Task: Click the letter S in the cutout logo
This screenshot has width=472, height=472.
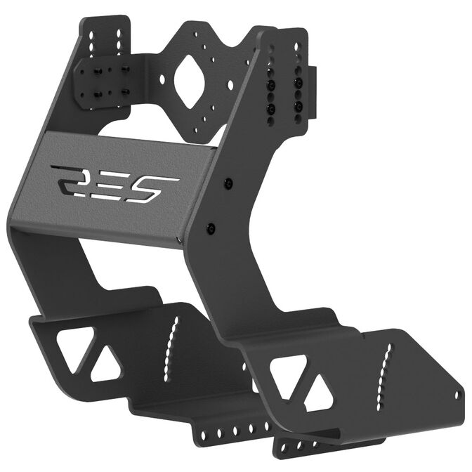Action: coord(156,186)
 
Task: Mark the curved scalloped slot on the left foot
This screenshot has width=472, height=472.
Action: coord(169,346)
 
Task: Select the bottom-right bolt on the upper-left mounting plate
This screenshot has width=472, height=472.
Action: coord(126,91)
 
